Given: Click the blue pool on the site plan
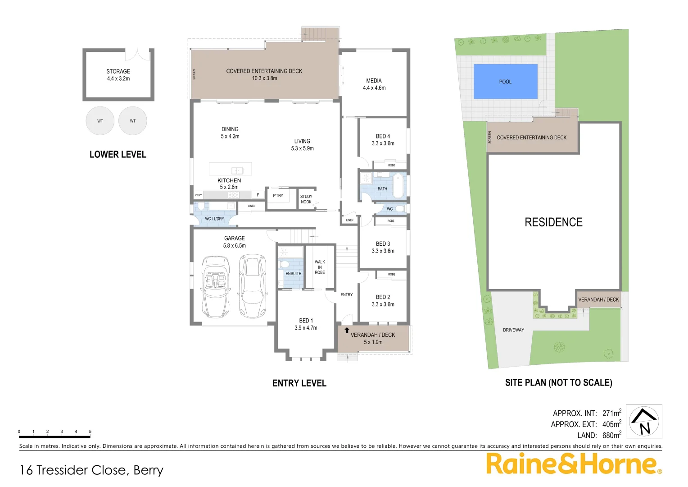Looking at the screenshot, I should [x=505, y=82].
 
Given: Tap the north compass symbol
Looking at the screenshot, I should [x=644, y=421].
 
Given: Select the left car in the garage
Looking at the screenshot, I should [x=215, y=287].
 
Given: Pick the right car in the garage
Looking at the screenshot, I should [x=252, y=286].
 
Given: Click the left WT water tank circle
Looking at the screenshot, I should [x=100, y=121].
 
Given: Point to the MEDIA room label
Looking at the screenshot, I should [x=374, y=81].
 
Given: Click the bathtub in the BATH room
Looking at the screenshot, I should [x=398, y=186].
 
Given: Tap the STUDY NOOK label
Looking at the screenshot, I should [x=306, y=199].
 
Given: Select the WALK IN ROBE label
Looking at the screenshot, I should [x=320, y=267].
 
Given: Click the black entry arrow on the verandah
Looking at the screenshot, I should [x=347, y=331].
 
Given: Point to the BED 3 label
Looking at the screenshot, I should [x=383, y=243].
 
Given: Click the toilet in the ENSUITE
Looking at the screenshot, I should [x=284, y=264].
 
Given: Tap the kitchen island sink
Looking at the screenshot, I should [x=237, y=170].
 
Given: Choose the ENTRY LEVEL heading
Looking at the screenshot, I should [x=299, y=383].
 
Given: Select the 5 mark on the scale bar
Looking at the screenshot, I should [x=90, y=432].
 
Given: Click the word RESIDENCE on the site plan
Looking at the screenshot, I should [x=553, y=222].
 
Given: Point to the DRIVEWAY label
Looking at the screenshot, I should [x=513, y=330].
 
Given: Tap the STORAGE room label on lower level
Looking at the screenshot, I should [x=118, y=71].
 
